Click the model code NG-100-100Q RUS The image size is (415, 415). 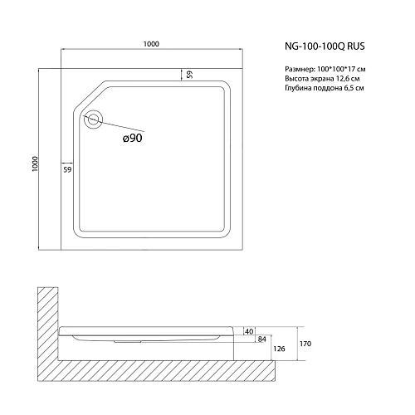[x=330, y=48]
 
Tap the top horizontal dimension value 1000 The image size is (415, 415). [x=150, y=45]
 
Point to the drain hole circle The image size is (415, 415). [x=93, y=120]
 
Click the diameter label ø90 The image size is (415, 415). [x=134, y=139]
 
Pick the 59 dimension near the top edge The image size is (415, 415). [x=190, y=74]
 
